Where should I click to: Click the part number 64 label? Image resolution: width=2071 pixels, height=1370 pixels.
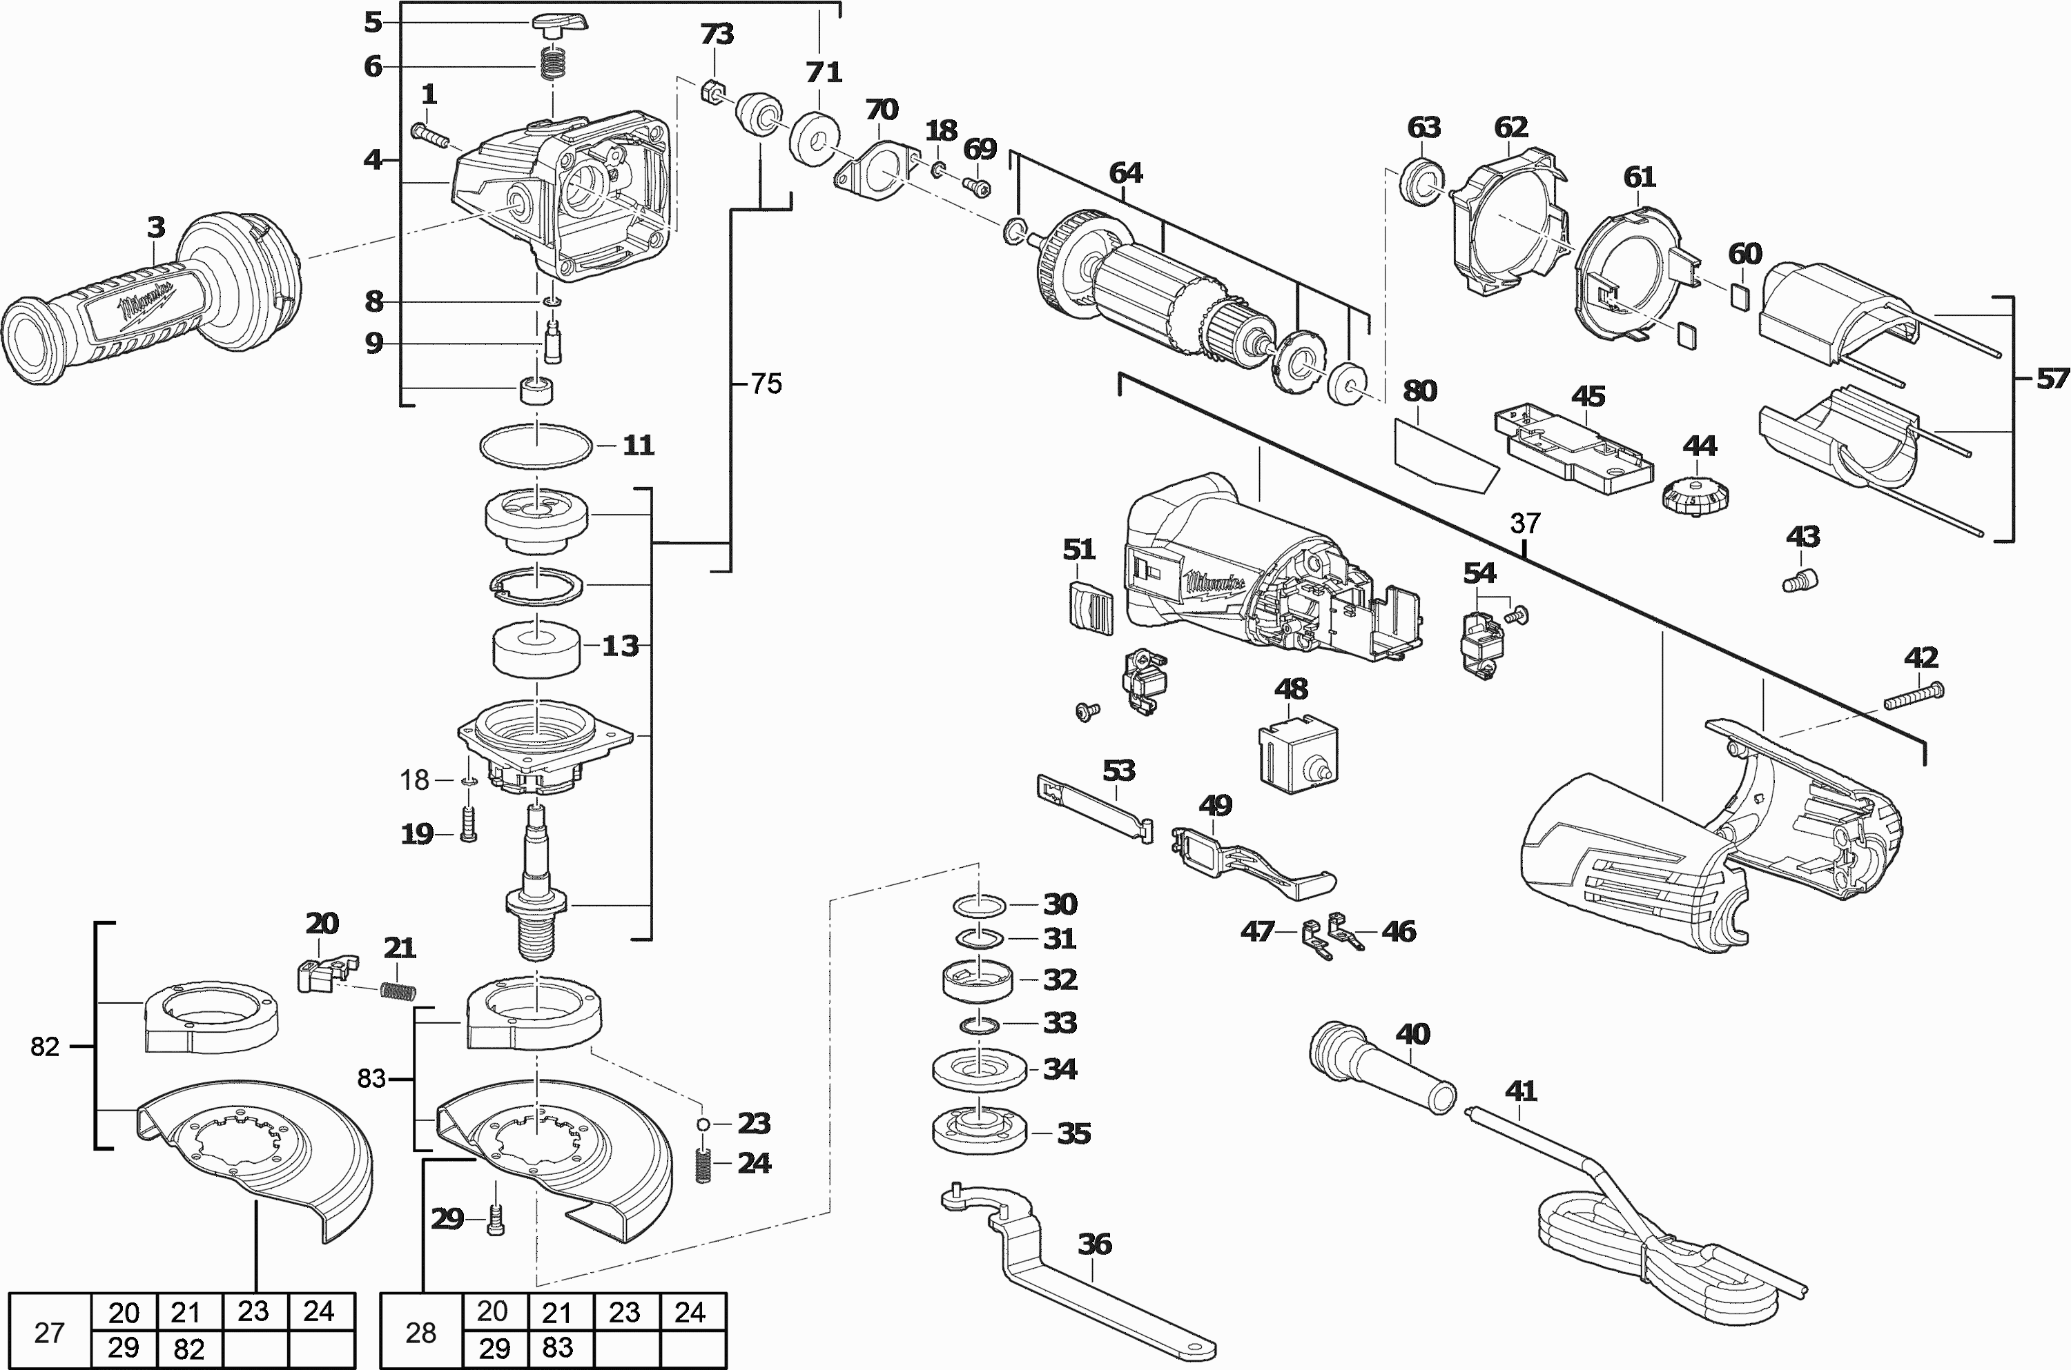point(1125,174)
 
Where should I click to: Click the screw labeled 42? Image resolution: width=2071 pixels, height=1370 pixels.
point(1914,698)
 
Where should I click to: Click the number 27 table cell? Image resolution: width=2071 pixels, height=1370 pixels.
point(49,1333)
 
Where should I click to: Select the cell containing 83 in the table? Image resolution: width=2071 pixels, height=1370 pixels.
point(557,1348)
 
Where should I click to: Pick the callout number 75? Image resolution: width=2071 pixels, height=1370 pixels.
point(766,384)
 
